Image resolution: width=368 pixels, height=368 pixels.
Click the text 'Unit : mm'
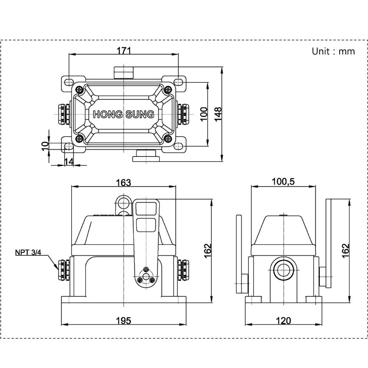coord(333,51)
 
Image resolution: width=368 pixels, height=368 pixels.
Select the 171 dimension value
coord(124,50)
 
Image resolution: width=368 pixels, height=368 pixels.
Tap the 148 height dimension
coord(218,114)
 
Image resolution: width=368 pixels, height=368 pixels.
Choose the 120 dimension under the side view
coord(283,321)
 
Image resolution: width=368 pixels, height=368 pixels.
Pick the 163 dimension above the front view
coord(124,182)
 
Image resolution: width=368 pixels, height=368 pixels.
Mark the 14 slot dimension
coord(69,161)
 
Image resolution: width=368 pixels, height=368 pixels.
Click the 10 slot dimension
coord(45,146)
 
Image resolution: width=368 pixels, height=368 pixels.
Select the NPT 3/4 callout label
coord(29,252)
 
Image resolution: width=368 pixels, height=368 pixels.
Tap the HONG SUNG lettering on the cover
coord(123,114)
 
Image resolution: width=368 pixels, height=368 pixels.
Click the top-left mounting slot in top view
coord(68,81)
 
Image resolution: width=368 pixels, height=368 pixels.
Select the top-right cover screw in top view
coord(168,89)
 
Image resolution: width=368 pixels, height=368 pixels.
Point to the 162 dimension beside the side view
coord(345,251)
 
